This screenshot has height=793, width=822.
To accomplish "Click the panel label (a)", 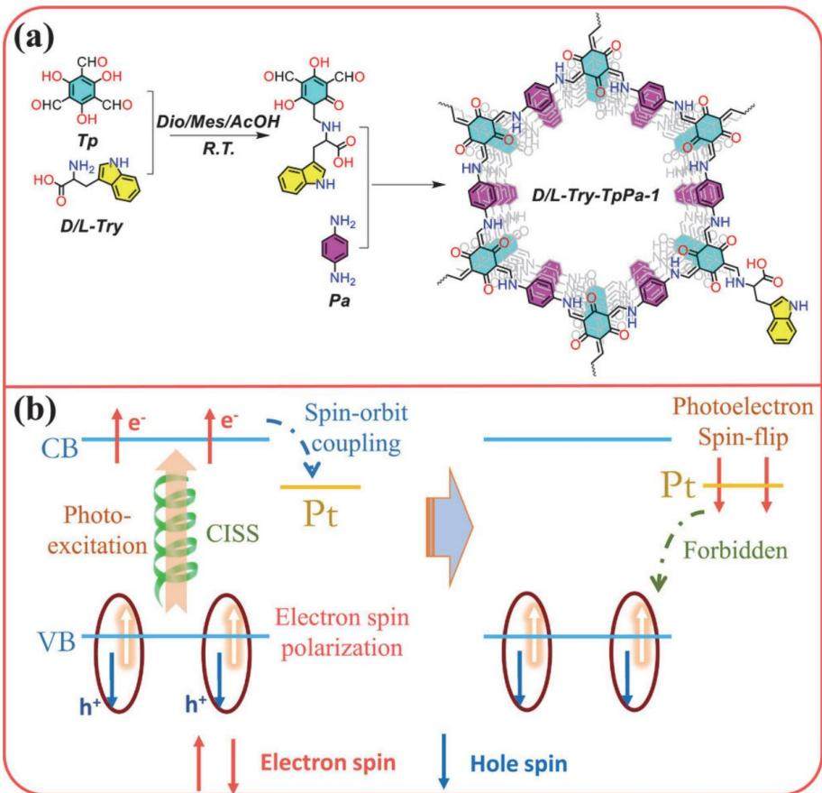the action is tap(34, 39).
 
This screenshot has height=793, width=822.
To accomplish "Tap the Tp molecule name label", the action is tap(87, 141).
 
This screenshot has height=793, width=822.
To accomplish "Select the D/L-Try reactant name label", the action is tap(91, 227).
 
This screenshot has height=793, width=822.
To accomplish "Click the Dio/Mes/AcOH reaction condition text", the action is tap(218, 122).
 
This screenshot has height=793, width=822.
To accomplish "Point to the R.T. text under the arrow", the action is tap(219, 149).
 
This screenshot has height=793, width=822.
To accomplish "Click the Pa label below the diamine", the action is tap(339, 300).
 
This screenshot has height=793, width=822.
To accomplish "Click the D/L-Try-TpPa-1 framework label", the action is tap(595, 196).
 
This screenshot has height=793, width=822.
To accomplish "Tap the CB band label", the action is tap(60, 447).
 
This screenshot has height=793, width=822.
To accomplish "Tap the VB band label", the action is tap(57, 641).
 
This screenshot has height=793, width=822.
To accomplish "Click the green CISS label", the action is tap(233, 533).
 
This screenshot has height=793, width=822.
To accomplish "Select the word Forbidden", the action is tap(736, 550).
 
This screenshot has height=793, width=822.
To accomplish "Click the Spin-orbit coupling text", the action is tap(356, 429).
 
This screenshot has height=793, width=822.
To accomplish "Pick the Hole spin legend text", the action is tap(518, 763).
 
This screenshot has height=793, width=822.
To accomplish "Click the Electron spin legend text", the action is tap(328, 762).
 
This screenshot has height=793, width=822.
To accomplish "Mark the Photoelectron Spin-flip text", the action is tap(743, 421).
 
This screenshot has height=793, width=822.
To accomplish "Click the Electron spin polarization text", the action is tap(342, 632).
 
